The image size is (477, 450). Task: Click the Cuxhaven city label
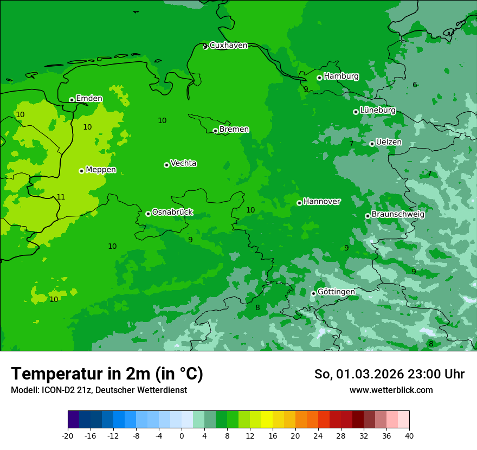point(228,46)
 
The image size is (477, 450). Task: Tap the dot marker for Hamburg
point(319,78)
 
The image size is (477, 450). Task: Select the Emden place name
point(89,99)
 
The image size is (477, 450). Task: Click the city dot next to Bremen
point(215,131)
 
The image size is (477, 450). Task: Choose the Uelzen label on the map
point(389,142)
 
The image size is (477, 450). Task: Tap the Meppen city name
point(101,170)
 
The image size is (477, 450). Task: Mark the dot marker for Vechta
point(166,165)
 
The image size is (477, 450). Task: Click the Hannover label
point(321,202)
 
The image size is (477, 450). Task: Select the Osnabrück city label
point(172,213)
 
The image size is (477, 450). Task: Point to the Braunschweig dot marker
point(368,216)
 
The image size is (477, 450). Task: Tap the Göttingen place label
point(336,292)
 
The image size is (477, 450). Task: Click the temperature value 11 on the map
point(61,197)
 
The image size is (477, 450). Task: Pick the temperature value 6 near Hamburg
point(415,85)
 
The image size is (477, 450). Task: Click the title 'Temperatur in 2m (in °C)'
point(107,374)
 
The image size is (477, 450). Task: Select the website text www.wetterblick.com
point(391,390)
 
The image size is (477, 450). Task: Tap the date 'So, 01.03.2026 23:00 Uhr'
point(389,374)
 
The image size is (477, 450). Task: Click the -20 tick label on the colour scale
point(67,436)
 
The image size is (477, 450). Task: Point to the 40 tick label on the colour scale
point(409,436)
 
